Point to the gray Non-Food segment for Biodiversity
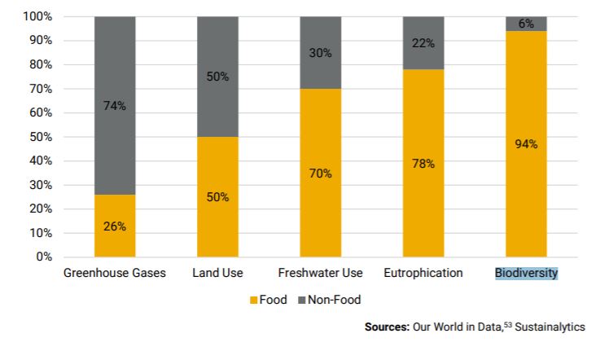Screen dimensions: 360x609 point(526,24)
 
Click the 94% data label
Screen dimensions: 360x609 point(526,144)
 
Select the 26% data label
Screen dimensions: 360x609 point(115,226)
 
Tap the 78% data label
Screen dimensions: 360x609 point(423,164)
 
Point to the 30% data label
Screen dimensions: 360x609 point(320,53)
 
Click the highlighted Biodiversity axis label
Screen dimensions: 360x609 point(526,273)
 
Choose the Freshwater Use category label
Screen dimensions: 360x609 point(320,273)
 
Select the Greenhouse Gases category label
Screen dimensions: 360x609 point(115,273)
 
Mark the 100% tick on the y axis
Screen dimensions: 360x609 point(38,16)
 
